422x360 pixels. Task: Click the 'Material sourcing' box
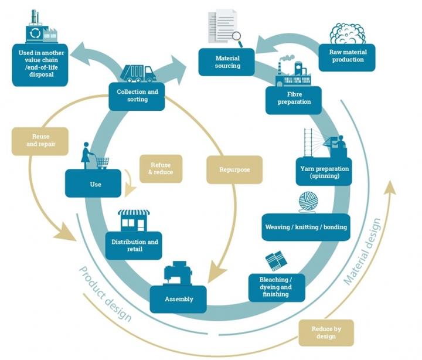(226, 62)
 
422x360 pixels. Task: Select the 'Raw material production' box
(347, 57)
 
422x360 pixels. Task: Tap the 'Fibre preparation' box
(294, 100)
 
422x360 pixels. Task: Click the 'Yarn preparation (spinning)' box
(324, 172)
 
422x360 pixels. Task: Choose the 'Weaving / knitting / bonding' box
(306, 227)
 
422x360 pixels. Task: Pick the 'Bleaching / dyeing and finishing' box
(277, 287)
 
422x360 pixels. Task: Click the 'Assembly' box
(178, 299)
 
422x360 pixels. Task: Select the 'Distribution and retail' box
(134, 245)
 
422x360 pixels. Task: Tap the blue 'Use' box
(93, 183)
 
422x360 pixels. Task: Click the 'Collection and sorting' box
(137, 96)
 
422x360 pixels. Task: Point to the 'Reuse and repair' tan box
(40, 141)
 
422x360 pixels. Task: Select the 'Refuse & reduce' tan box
(161, 169)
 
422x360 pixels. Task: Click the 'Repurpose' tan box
(234, 169)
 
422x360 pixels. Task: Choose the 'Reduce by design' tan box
(326, 333)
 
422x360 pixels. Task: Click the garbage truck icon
(138, 73)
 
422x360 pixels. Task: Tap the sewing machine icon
(178, 273)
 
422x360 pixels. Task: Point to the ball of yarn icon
(308, 202)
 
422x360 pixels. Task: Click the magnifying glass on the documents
(237, 38)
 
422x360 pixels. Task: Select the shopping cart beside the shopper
(103, 162)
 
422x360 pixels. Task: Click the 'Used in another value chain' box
(40, 65)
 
